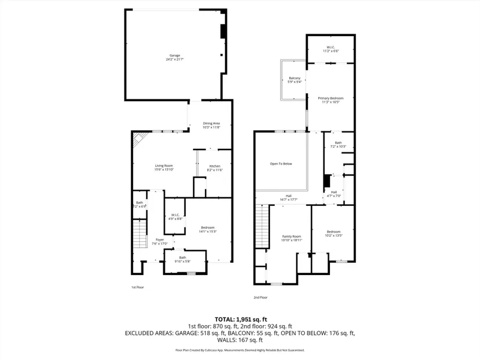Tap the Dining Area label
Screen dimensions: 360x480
point(211,124)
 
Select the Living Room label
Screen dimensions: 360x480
point(163,167)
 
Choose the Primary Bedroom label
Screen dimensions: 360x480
point(329,100)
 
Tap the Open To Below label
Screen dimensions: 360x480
point(280,163)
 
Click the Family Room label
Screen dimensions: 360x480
point(291,238)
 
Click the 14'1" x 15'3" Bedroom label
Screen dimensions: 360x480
point(208,229)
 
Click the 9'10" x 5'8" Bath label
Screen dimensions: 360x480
point(183,259)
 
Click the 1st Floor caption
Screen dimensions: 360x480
point(137,287)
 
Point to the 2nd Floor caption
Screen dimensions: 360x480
point(260,297)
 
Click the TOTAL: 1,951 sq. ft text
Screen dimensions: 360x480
point(240,319)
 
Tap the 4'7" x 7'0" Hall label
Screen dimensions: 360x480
point(334,194)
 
